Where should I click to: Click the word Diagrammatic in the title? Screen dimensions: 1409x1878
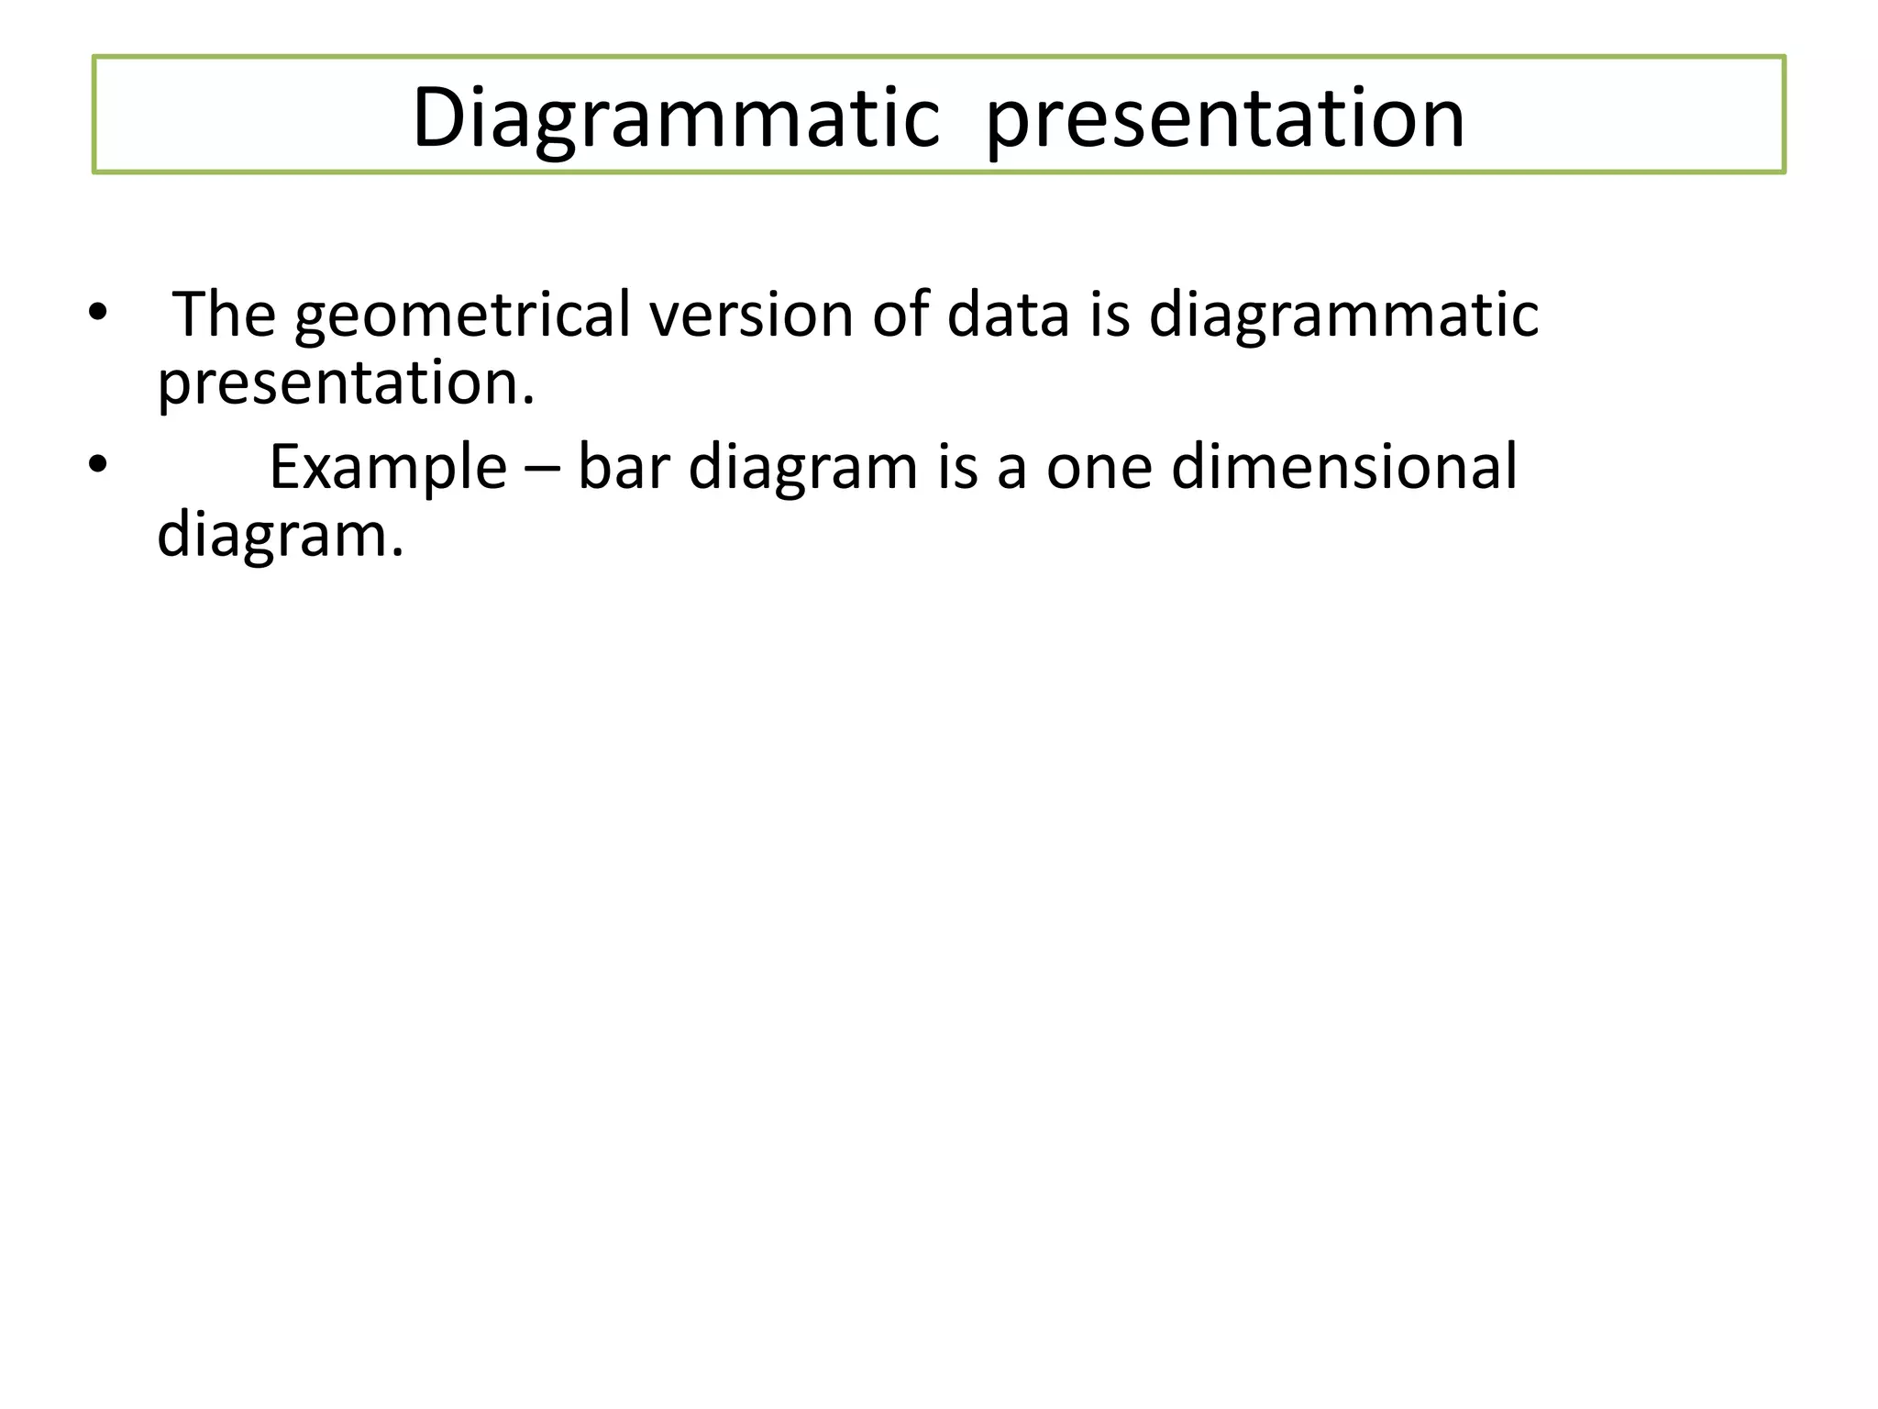(x=676, y=119)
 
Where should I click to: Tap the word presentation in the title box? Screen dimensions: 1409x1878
(x=1224, y=119)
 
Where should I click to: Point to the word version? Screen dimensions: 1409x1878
(x=751, y=315)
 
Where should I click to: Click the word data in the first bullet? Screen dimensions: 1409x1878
(x=1008, y=315)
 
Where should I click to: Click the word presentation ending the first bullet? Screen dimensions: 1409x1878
(x=346, y=383)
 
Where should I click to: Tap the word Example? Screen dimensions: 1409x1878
(x=388, y=468)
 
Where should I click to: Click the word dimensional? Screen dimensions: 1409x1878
(x=1344, y=468)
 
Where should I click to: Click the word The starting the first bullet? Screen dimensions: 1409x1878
(x=224, y=315)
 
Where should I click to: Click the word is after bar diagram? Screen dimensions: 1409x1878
(x=957, y=468)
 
